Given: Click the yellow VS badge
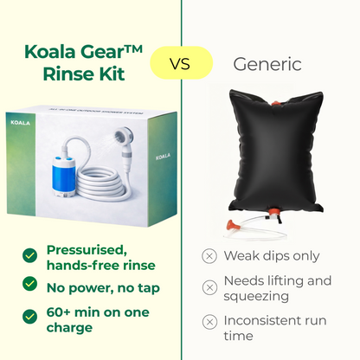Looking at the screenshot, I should click(x=180, y=63).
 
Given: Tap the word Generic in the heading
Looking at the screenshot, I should click(x=268, y=63).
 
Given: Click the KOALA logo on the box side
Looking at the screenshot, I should click(x=153, y=160).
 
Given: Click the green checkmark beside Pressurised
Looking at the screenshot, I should click(x=30, y=254).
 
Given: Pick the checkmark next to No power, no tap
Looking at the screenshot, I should click(x=30, y=284).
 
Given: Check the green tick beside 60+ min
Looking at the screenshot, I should click(x=30, y=312).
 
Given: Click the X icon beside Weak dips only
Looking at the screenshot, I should click(x=209, y=255).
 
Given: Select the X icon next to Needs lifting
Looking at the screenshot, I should click(x=209, y=287).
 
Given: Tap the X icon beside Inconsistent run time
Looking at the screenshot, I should click(x=209, y=322).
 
